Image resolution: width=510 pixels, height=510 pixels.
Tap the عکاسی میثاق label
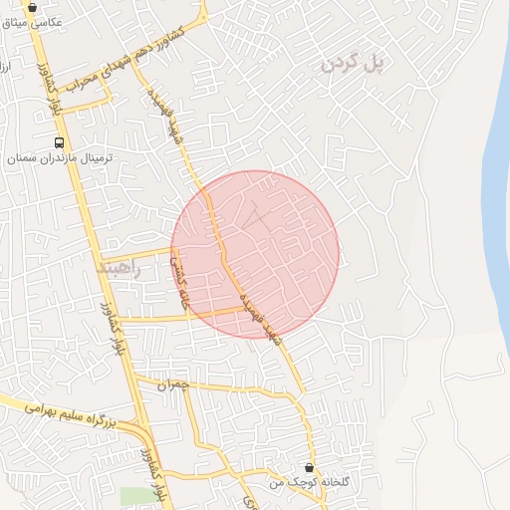(34, 21)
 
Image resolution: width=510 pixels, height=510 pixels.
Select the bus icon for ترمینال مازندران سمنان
(60, 142)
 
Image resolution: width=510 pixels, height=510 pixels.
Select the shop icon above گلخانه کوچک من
(309, 466)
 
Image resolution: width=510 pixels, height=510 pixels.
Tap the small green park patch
(139, 496)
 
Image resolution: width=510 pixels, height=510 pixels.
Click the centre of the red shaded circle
(255, 254)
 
